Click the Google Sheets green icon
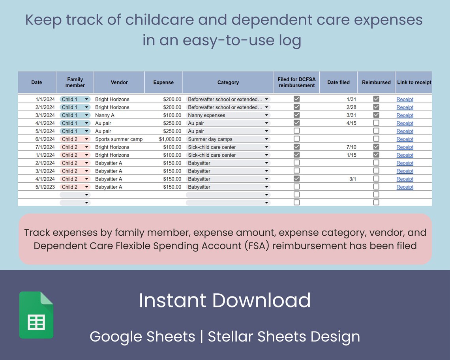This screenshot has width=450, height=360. click(x=36, y=315)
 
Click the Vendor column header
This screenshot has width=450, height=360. click(x=119, y=82)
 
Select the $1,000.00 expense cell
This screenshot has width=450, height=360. click(x=170, y=139)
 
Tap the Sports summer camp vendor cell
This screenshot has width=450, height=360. click(x=119, y=139)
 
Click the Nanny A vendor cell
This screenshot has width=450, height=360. click(x=105, y=115)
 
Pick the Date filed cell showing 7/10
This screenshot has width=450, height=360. click(x=351, y=147)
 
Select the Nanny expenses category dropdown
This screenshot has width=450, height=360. click(x=228, y=115)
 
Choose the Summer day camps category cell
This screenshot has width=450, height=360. click(x=228, y=139)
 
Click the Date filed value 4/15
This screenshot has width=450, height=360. click(x=351, y=123)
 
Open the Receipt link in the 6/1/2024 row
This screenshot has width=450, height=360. click(x=405, y=139)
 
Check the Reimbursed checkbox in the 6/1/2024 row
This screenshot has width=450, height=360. click(x=376, y=139)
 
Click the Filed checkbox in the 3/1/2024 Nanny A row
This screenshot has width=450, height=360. click(x=296, y=115)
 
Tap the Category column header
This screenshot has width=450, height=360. click(x=228, y=82)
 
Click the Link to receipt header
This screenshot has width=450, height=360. click(x=414, y=82)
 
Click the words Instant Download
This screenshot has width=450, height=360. click(x=225, y=300)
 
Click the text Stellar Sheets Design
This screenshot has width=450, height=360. click(x=284, y=337)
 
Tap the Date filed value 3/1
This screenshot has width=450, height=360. click(x=352, y=179)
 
